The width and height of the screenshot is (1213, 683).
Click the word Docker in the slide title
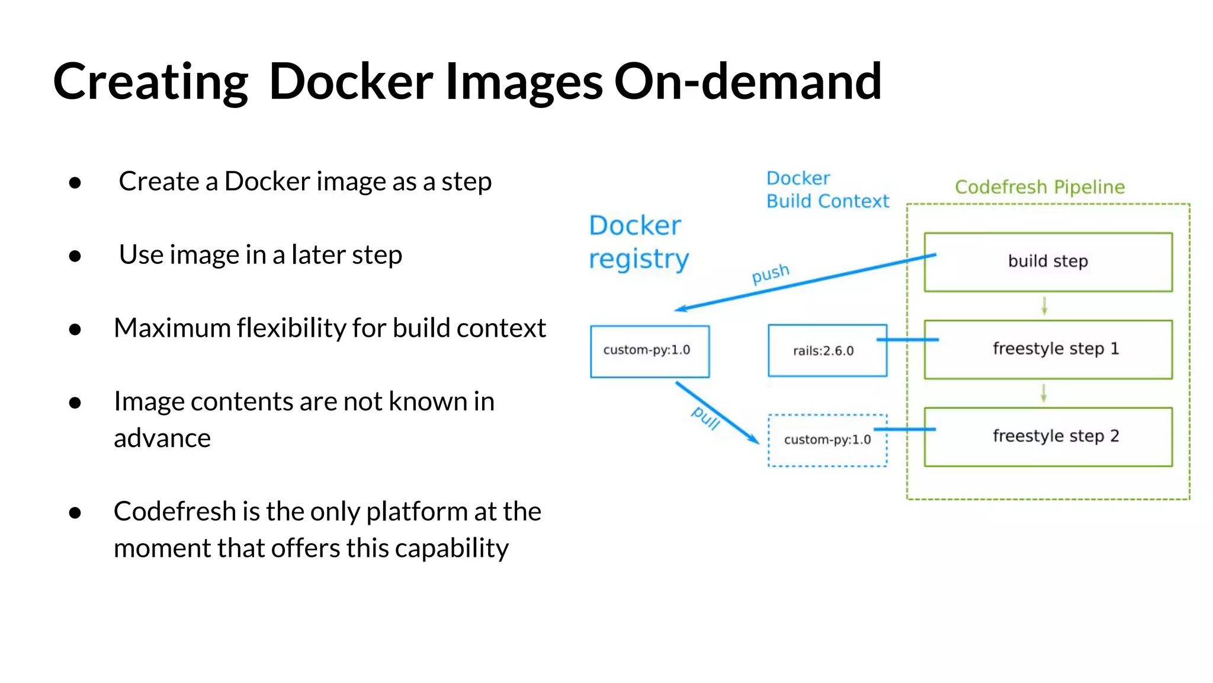[351, 82]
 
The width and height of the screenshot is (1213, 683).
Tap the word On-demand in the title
[747, 82]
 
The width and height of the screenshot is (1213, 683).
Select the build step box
[1048, 262]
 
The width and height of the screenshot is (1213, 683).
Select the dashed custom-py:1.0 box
[827, 440]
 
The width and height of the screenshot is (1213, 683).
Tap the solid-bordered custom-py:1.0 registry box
[649, 351]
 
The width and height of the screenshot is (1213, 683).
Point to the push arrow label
[771, 274]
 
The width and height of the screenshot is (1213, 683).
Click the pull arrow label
[706, 418]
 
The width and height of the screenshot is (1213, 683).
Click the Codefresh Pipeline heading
[1039, 187]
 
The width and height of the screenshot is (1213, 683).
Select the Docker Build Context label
[827, 190]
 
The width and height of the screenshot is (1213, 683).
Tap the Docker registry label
[638, 242]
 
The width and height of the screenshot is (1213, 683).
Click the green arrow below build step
[1044, 306]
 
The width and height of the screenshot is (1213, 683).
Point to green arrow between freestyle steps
[1044, 393]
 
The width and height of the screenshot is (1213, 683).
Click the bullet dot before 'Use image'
[75, 256]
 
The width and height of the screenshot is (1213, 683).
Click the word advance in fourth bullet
[162, 439]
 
